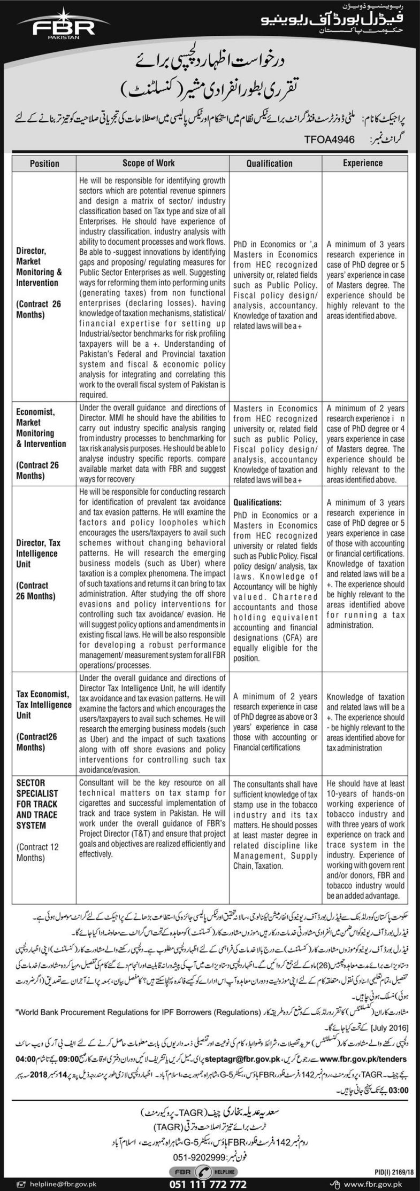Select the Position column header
[x=41, y=163]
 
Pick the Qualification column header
[x=270, y=163]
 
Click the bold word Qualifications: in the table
[x=256, y=503]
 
